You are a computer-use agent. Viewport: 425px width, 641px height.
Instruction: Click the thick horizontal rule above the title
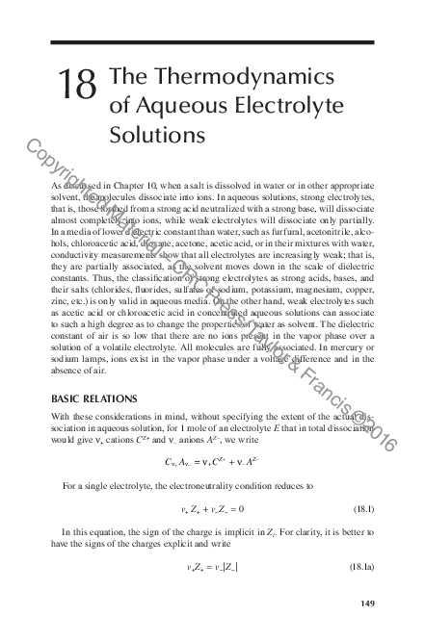click(x=212, y=42)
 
